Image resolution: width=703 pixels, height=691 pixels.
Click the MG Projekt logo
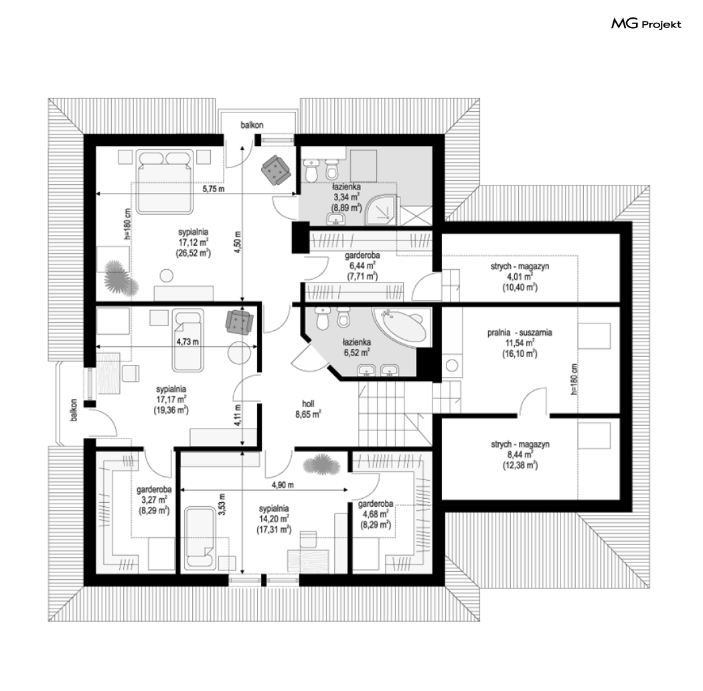click(x=646, y=23)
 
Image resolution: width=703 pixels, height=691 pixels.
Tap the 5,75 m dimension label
click(x=214, y=189)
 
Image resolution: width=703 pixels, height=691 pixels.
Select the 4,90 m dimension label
click(x=283, y=485)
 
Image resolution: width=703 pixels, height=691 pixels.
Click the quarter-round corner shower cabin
click(x=381, y=210)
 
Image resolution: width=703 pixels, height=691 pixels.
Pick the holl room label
click(x=308, y=408)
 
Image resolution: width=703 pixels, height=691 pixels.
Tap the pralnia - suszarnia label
click(x=520, y=343)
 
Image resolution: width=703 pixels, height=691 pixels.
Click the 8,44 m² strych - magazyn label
click(x=520, y=455)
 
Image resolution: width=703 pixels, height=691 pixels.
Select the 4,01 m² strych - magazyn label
click(x=520, y=277)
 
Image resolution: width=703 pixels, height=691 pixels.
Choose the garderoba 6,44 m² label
click(x=362, y=266)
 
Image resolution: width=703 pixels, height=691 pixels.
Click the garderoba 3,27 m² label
click(x=154, y=500)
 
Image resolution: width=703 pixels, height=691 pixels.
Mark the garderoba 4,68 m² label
click(x=376, y=514)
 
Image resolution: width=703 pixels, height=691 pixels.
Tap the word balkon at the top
click(x=252, y=125)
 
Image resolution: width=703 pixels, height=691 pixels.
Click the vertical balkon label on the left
click(x=74, y=410)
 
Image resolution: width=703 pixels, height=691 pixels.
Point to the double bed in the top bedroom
click(x=165, y=181)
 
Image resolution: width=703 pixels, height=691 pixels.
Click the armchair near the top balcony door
click(x=276, y=170)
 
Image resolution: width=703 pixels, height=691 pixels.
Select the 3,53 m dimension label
click(x=222, y=504)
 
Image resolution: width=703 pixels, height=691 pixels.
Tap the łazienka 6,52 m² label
click(x=358, y=348)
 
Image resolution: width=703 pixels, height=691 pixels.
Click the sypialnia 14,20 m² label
click(x=274, y=520)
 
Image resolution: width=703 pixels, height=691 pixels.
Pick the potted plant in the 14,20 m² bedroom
click(x=322, y=465)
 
